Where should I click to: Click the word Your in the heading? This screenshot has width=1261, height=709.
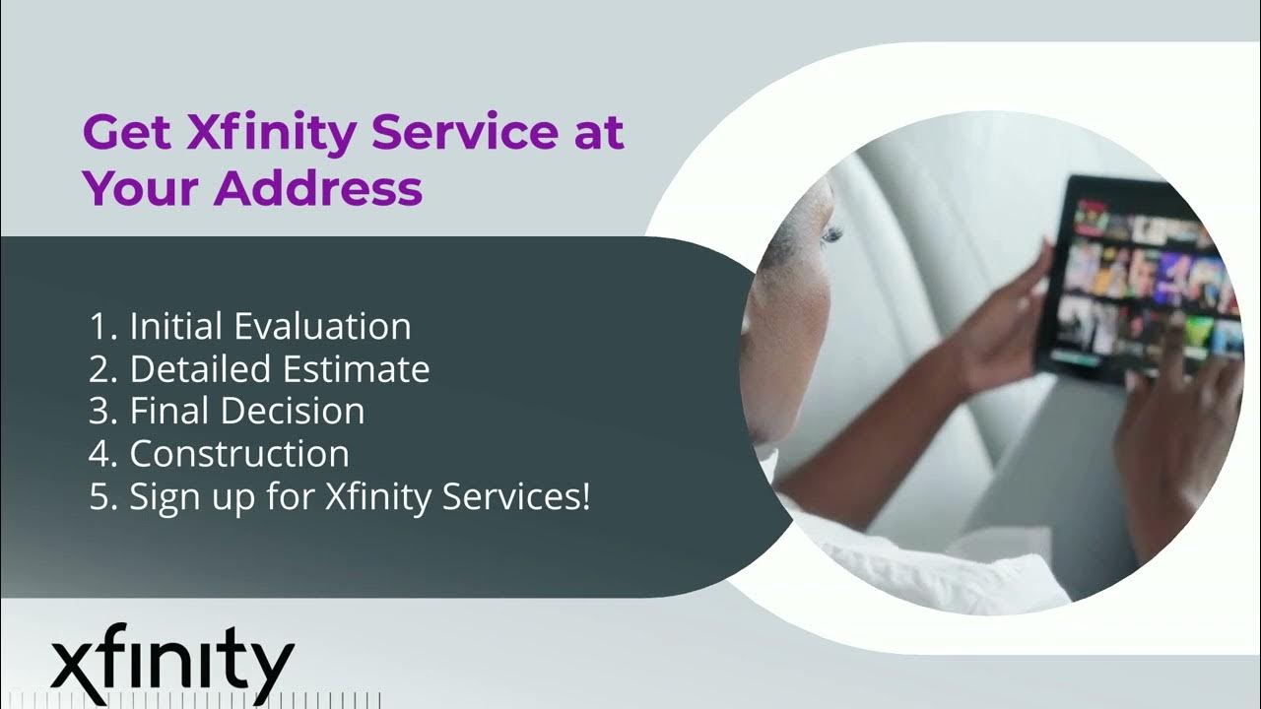coord(141,187)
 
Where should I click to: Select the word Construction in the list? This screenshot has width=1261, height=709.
coord(239,454)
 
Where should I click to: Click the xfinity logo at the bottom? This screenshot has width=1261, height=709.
coord(172,663)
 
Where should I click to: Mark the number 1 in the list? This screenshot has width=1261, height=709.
coord(97,326)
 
